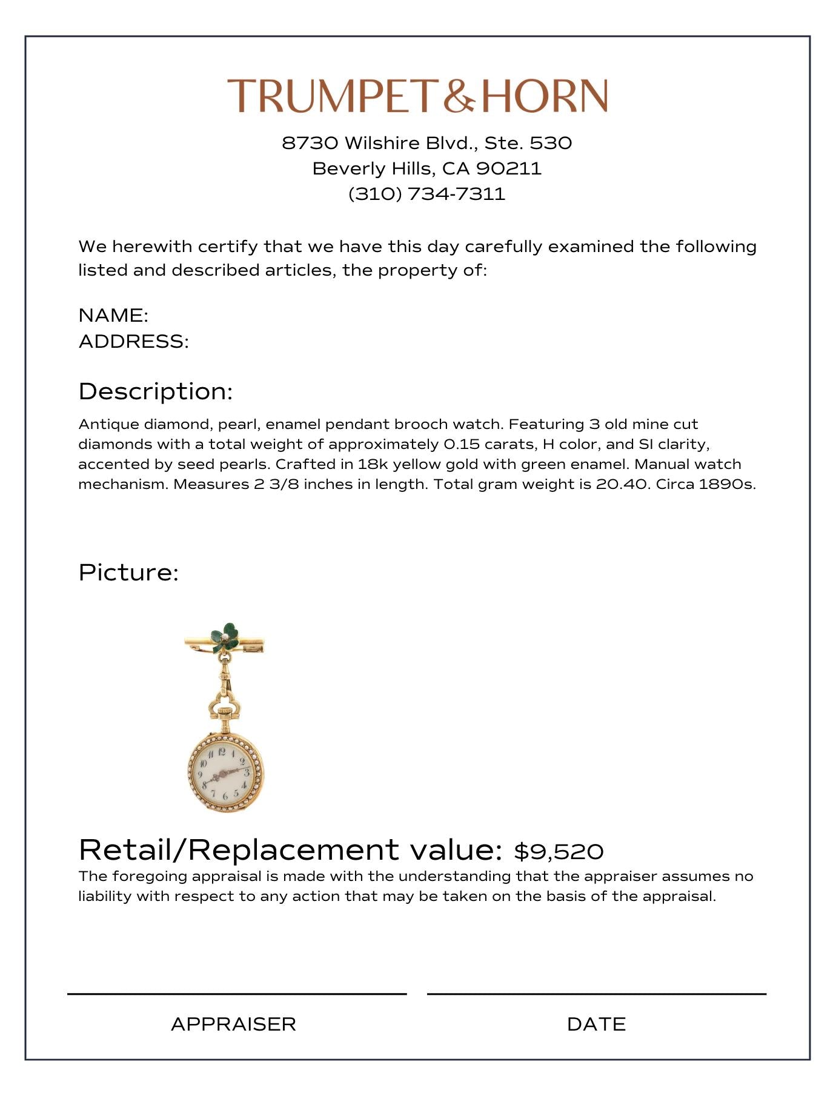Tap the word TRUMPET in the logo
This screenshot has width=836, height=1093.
coord(332,96)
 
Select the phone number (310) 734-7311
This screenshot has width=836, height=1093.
coord(426,194)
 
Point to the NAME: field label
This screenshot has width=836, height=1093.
coord(113,315)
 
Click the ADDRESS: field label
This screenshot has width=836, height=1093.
coord(133,341)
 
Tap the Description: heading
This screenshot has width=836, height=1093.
coord(156,391)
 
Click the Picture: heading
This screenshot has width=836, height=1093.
coord(128,573)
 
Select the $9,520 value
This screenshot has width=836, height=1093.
coord(559,851)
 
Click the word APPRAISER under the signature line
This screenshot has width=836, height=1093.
coord(233,1024)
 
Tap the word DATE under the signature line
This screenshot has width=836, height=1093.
coord(596,1024)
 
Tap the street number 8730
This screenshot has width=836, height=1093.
coord(310,143)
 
